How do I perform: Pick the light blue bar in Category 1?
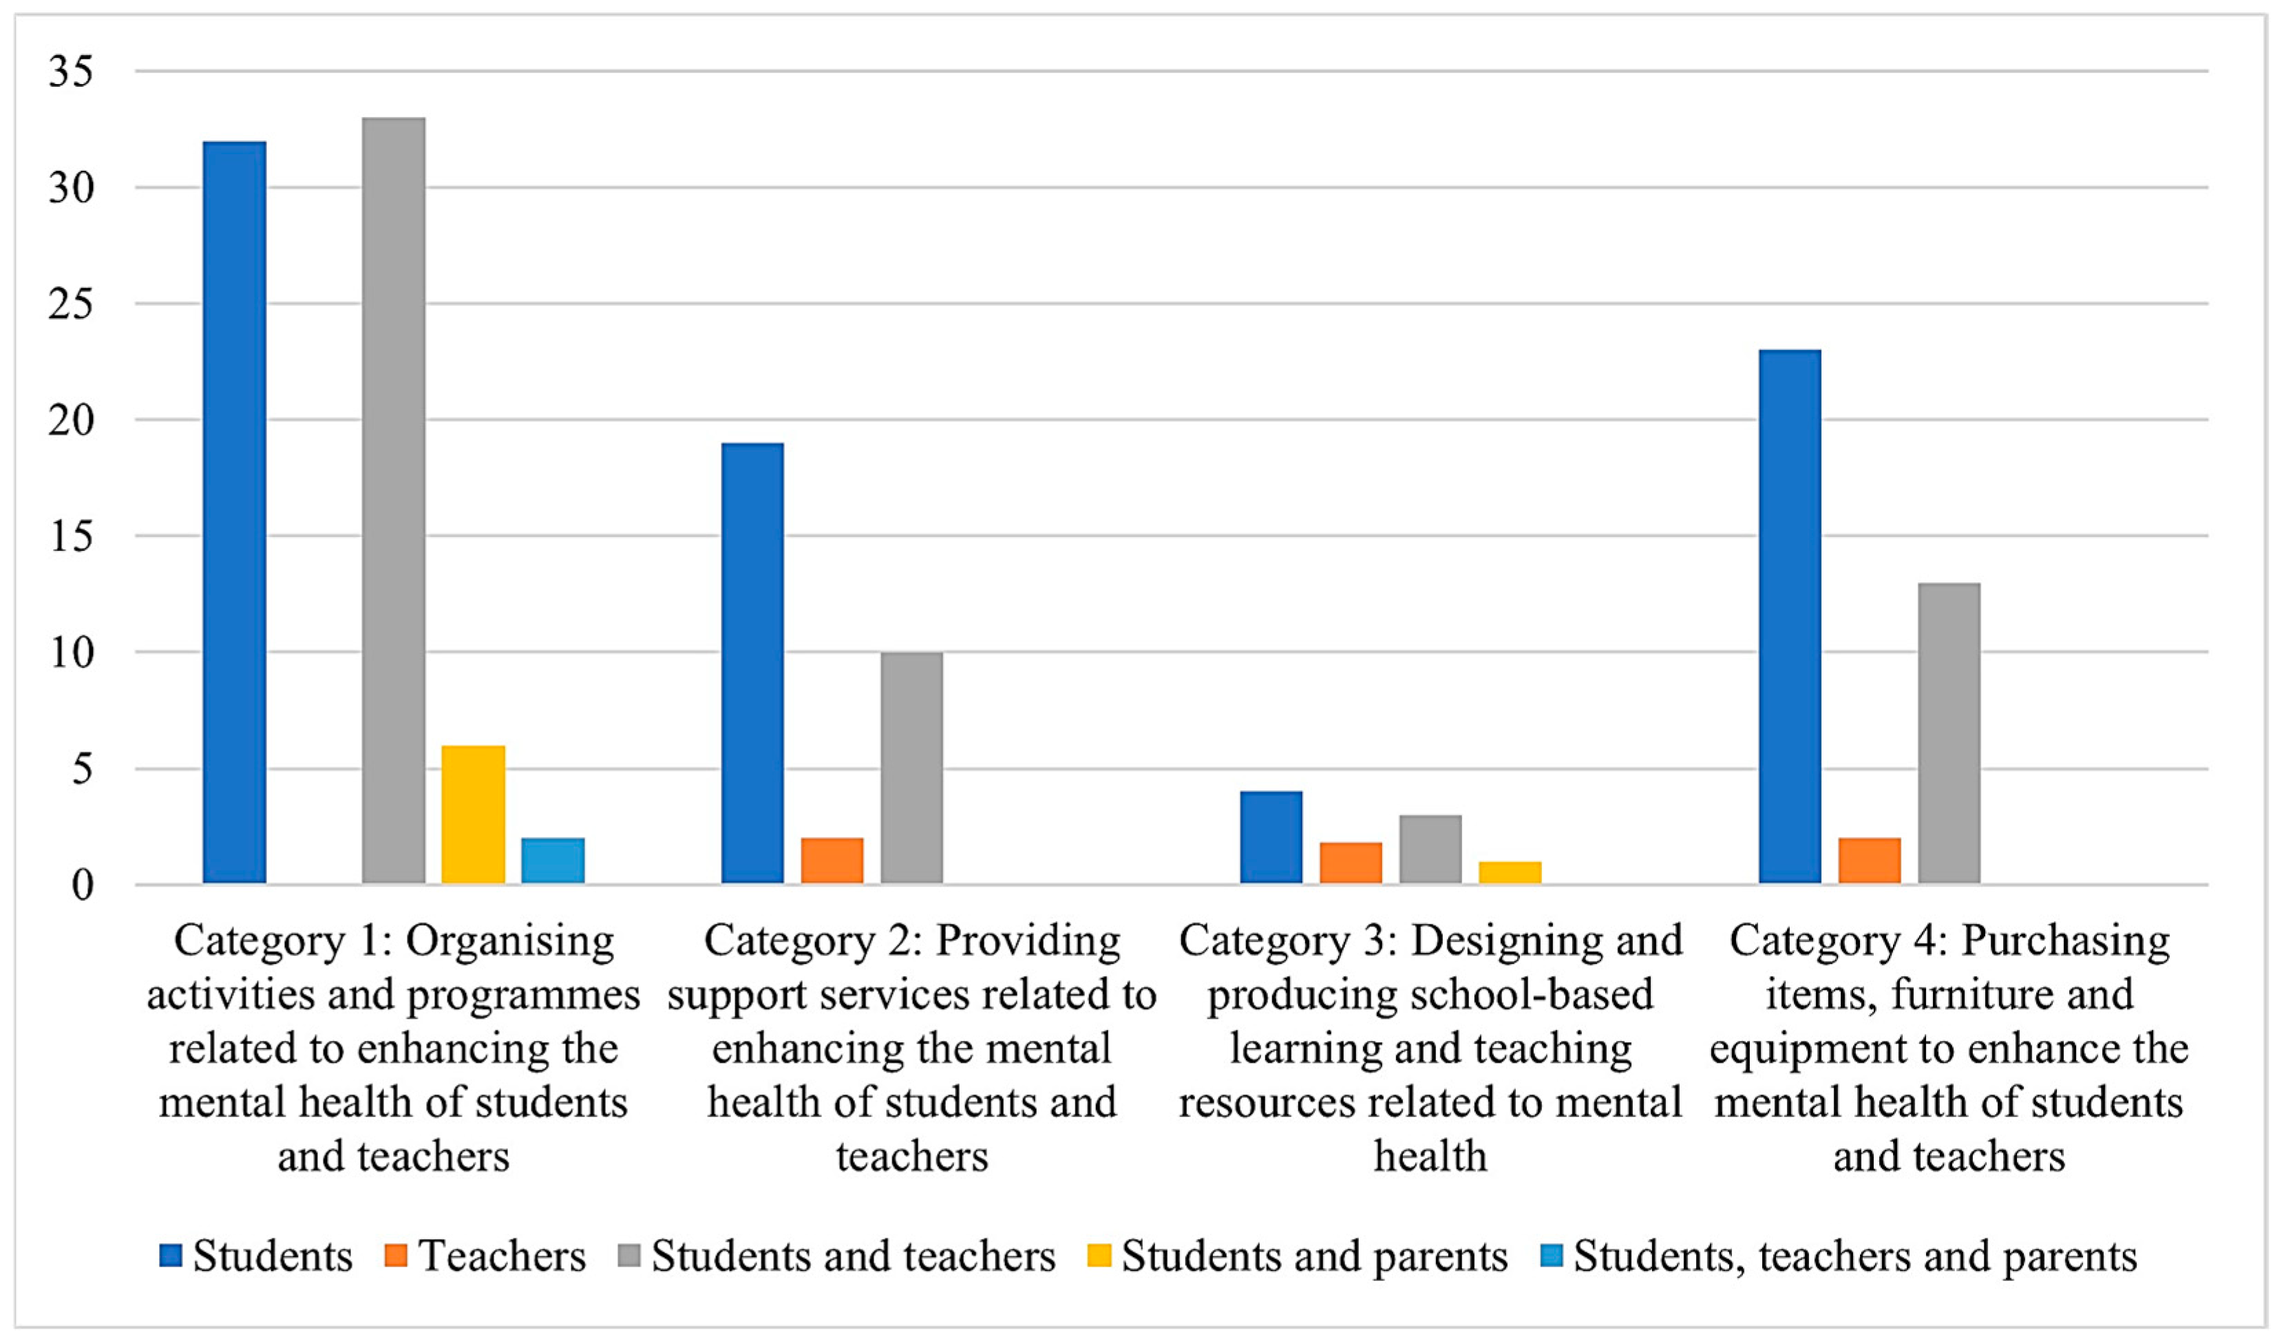pyautogui.click(x=552, y=860)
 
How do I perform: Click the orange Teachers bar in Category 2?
pyautogui.click(x=831, y=860)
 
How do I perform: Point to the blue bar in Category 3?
pyautogui.click(x=1270, y=837)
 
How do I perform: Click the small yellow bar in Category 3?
pyautogui.click(x=1510, y=872)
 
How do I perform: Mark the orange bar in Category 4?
pyautogui.click(x=1869, y=860)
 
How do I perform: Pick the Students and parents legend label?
pyautogui.click(x=1315, y=1256)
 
